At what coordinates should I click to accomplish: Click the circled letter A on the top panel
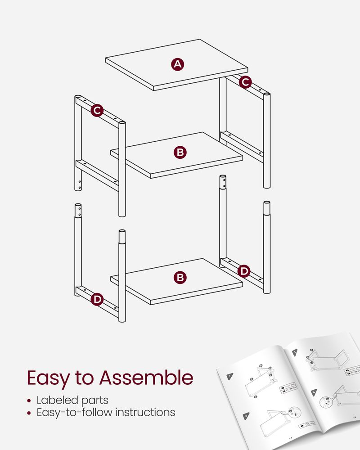(178, 64)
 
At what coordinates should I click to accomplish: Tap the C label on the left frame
(97, 110)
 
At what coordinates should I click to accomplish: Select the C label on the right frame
(245, 82)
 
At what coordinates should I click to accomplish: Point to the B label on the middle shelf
(180, 153)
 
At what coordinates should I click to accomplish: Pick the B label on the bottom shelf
(180, 278)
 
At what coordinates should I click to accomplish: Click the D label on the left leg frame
(97, 299)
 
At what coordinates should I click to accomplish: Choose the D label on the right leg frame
(243, 271)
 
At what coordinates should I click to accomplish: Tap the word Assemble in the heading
(146, 378)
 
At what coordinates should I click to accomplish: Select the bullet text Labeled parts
(72, 400)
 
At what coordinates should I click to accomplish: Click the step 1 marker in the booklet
(230, 376)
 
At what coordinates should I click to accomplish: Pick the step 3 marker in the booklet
(295, 353)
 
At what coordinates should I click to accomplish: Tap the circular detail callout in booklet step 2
(293, 411)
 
